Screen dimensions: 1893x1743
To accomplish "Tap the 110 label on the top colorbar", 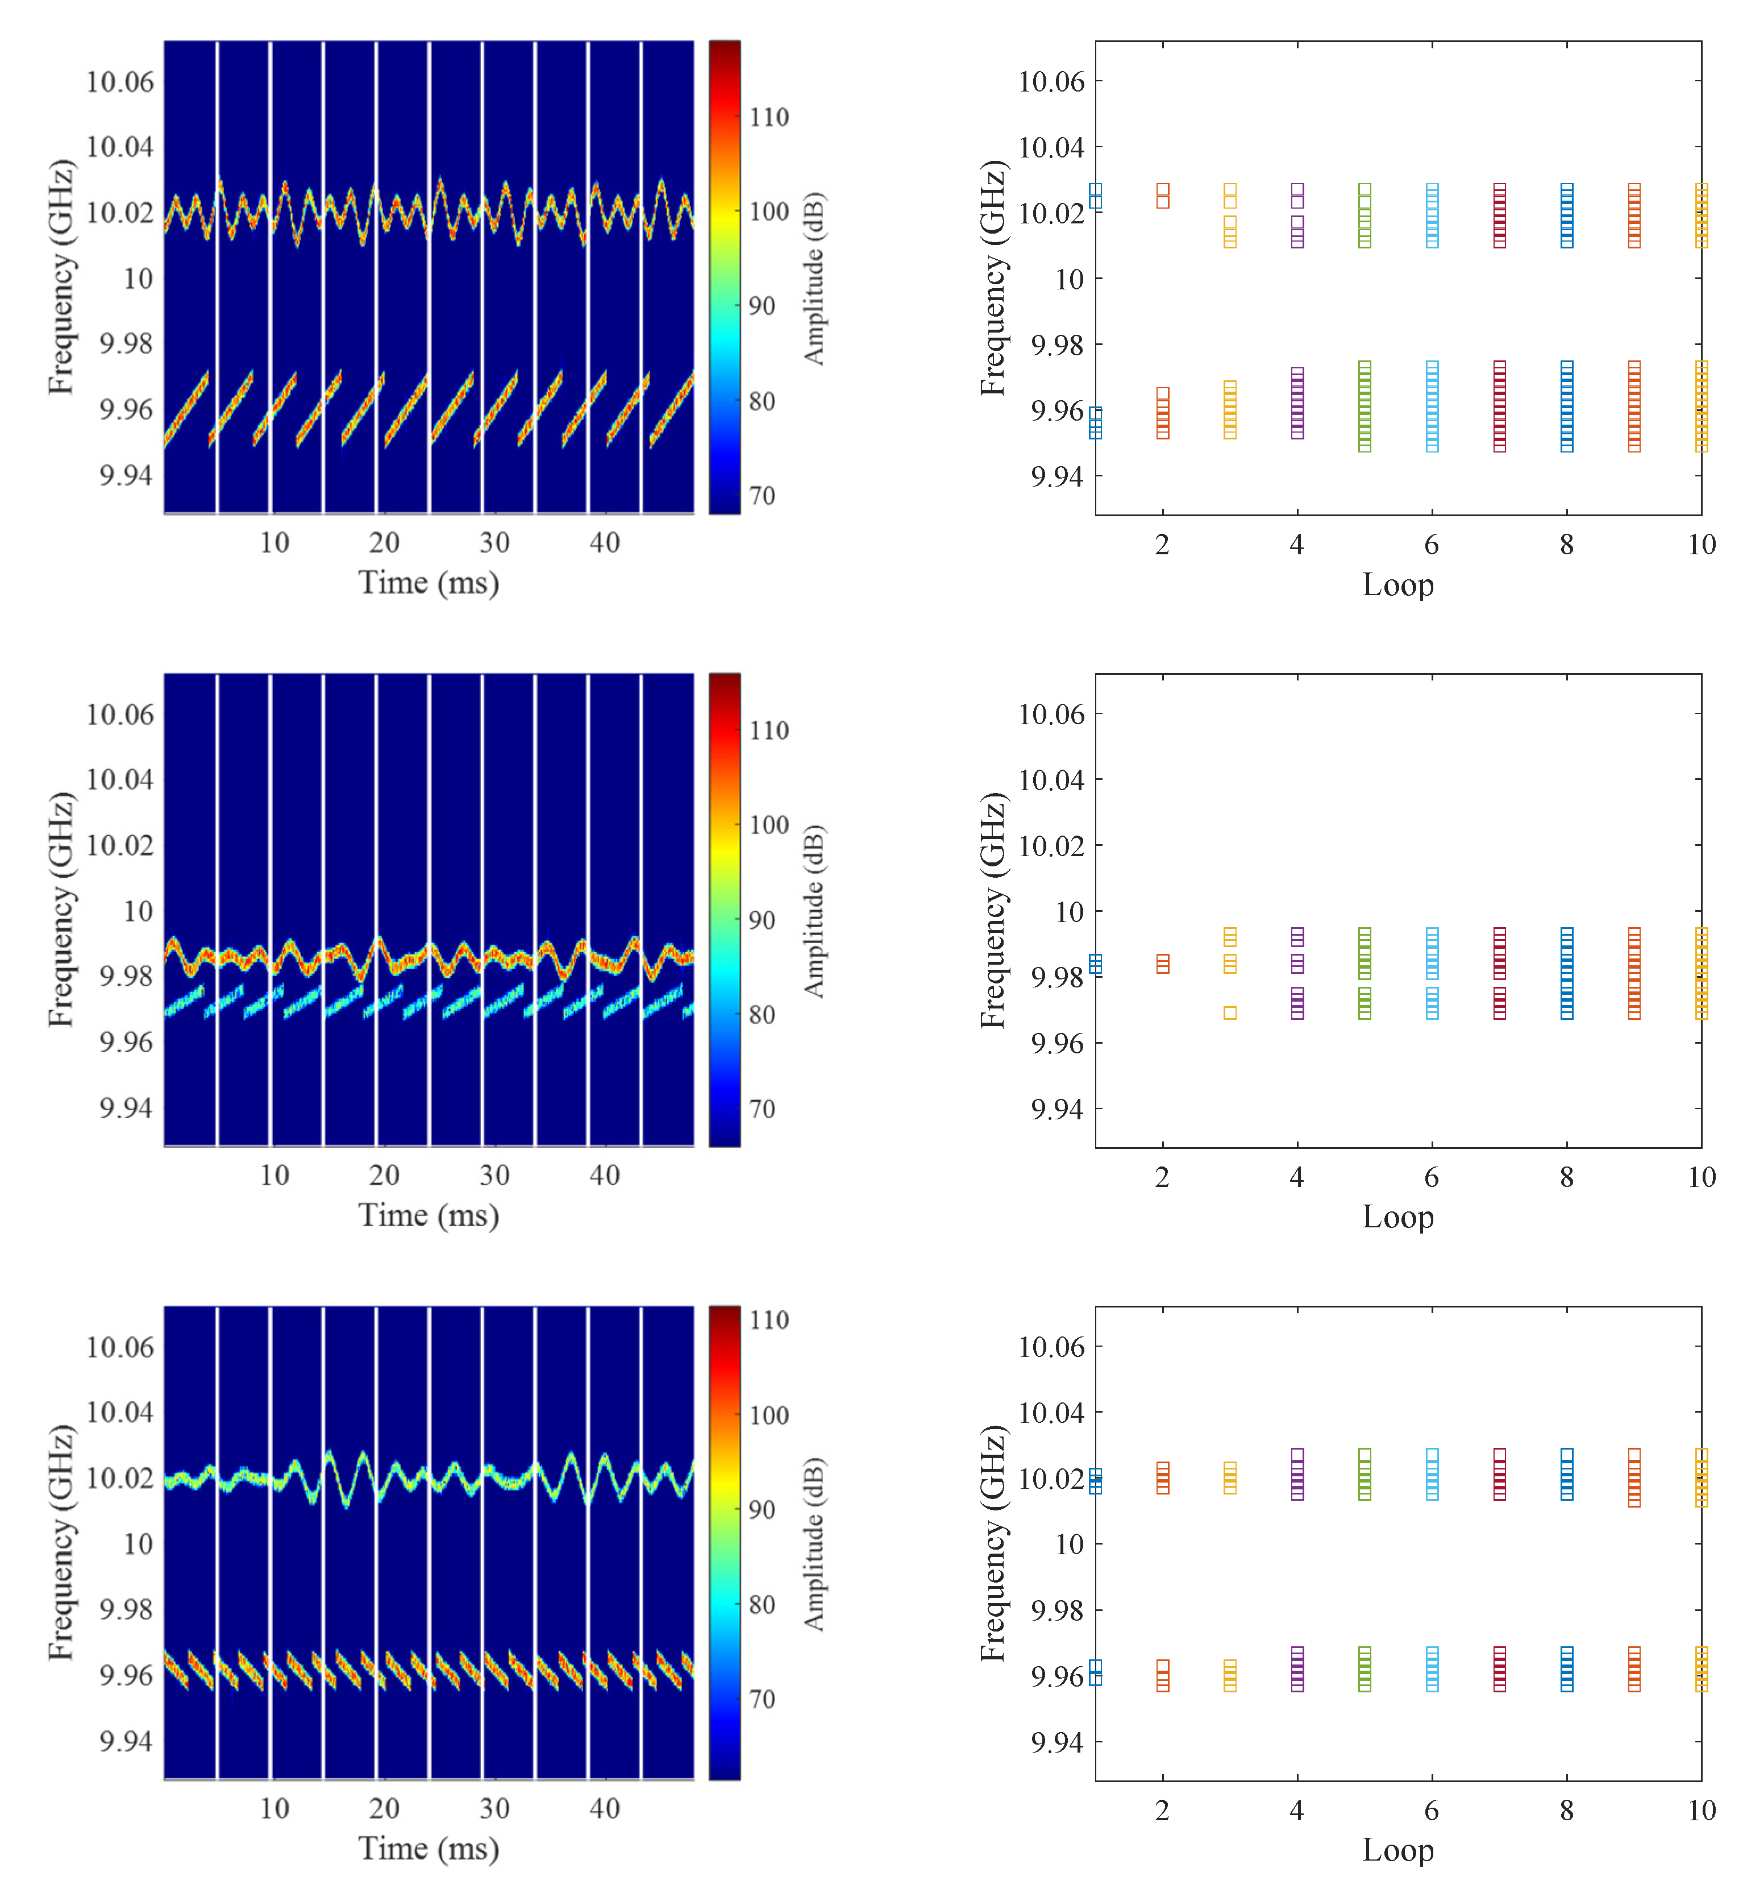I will tap(769, 118).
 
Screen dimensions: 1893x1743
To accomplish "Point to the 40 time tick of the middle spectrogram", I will tap(605, 1175).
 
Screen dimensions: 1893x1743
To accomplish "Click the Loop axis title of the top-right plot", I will tap(1398, 585).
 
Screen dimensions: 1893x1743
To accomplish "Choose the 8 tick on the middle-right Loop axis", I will tap(1567, 1177).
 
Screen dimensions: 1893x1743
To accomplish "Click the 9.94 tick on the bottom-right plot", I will tap(1056, 1742).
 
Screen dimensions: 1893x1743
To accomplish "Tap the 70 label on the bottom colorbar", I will tap(762, 1700).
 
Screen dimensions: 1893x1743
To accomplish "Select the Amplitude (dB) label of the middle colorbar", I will tap(813, 911).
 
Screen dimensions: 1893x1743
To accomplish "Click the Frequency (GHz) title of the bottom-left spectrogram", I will tap(60, 1543).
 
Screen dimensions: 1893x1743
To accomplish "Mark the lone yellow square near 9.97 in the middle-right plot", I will tap(1230, 1013).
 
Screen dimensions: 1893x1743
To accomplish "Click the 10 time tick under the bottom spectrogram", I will tap(274, 1808).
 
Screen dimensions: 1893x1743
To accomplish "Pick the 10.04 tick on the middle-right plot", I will tap(1051, 780).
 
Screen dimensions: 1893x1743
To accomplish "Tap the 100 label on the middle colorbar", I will tap(769, 825).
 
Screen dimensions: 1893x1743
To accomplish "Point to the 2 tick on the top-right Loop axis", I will tap(1162, 544).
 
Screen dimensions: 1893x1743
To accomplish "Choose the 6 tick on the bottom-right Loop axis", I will tap(1432, 1810).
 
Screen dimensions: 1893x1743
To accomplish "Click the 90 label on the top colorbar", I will tap(762, 306).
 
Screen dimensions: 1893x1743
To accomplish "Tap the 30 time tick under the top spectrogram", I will tap(494, 542).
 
